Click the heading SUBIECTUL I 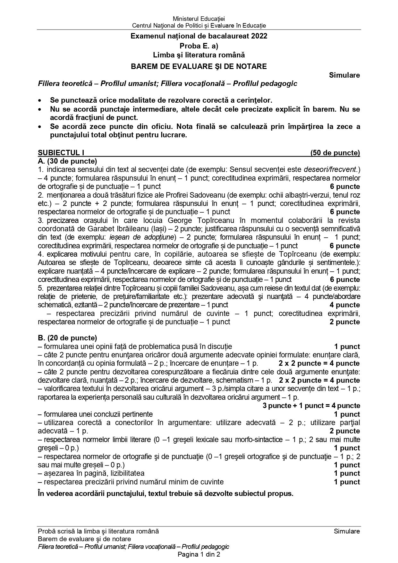point(61,153)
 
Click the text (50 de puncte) point(335,153)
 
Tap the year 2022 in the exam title point(259,36)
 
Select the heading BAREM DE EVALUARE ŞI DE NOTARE point(199,66)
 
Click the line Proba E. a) point(199,46)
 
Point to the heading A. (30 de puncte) point(67,161)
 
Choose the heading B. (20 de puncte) point(67,338)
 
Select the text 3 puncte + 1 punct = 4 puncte point(311,406)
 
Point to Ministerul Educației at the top point(199,19)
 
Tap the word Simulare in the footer point(347,531)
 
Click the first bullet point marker point(40,101)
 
